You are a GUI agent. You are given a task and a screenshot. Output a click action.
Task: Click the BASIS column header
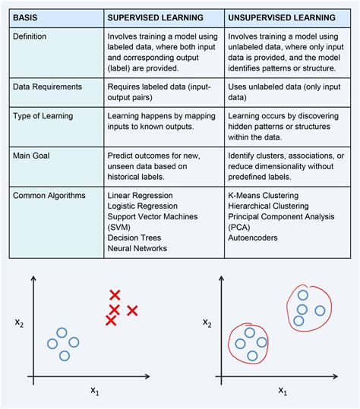point(28,16)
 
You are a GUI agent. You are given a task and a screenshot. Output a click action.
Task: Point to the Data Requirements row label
point(46,88)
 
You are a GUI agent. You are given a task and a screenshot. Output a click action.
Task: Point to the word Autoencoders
point(254,238)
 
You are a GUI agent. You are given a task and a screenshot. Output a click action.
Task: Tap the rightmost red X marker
point(132,310)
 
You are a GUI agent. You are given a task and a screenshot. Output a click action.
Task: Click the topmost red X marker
point(115,295)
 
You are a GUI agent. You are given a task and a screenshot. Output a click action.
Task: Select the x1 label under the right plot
point(283,392)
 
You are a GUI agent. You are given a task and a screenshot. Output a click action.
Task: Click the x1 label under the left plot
point(95,392)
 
